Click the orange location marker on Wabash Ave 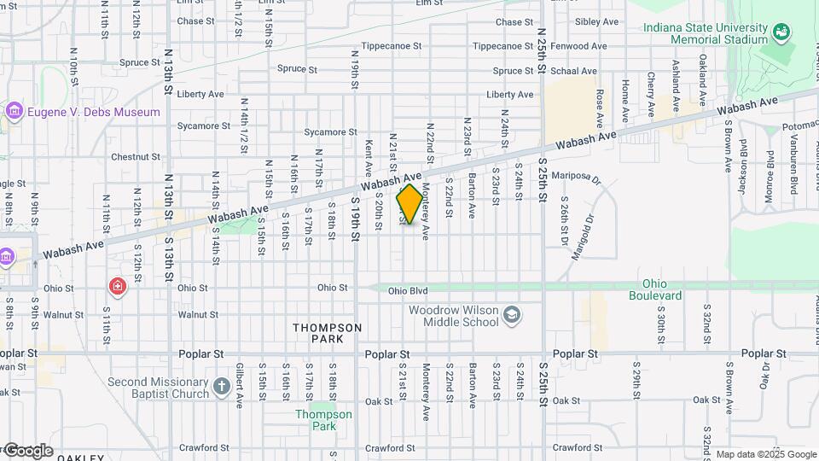pyautogui.click(x=409, y=204)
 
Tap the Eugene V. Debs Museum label pyautogui.click(x=94, y=112)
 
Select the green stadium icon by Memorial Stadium pyautogui.click(x=780, y=32)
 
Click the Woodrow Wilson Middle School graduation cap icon pyautogui.click(x=511, y=316)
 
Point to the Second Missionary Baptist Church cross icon pyautogui.click(x=221, y=387)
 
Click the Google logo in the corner pyautogui.click(x=28, y=450)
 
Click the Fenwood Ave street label pyautogui.click(x=578, y=46)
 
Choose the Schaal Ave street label pyautogui.click(x=574, y=71)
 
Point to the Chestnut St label pyautogui.click(x=135, y=157)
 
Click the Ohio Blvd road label pyautogui.click(x=408, y=291)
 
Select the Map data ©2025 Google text pyautogui.click(x=766, y=454)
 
